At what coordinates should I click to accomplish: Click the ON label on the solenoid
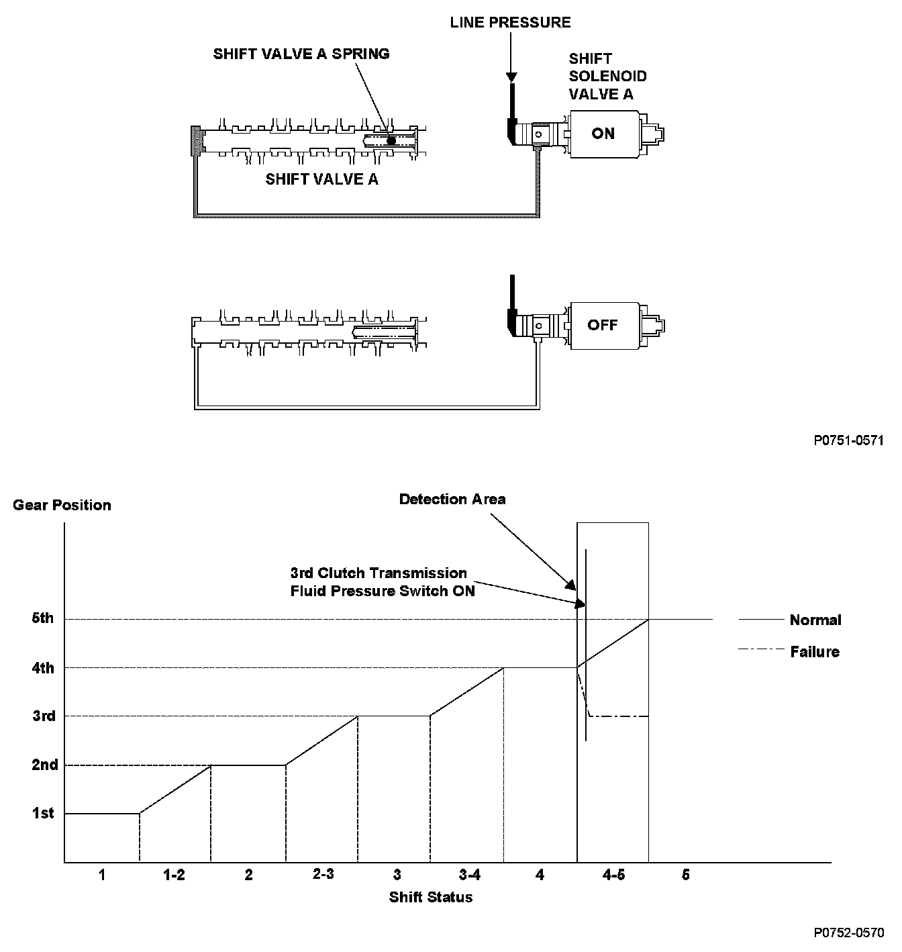603,134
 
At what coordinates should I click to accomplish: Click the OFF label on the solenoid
602,325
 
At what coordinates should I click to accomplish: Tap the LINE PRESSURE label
510,23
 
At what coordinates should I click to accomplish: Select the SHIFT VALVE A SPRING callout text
301,54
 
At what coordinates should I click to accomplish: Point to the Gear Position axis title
62,506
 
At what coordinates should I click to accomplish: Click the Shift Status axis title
431,897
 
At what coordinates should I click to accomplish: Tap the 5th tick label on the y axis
43,618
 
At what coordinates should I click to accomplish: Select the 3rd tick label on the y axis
44,716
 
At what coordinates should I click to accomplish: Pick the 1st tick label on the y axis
43,814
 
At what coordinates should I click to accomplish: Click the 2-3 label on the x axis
323,874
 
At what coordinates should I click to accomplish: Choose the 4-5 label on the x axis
613,875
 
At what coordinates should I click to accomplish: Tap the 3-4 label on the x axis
470,875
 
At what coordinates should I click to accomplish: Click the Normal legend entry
815,620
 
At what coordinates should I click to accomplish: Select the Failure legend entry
815,652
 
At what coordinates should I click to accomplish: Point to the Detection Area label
452,499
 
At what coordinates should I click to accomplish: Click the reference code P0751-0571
848,440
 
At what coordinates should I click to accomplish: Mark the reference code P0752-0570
848,933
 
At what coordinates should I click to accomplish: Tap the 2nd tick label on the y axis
45,765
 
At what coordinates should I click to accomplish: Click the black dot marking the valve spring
391,140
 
